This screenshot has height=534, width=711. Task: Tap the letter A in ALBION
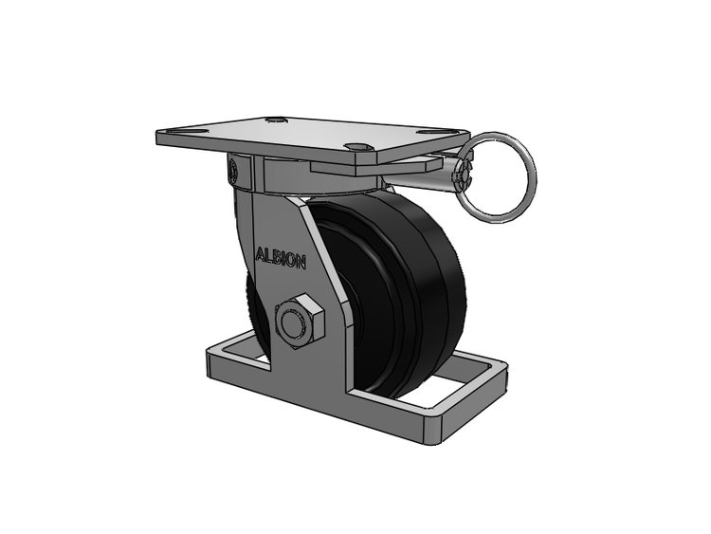(x=261, y=255)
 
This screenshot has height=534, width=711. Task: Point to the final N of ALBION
(x=301, y=263)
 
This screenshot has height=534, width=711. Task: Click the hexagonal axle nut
(x=300, y=322)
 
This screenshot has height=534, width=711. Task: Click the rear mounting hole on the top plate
(x=276, y=120)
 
